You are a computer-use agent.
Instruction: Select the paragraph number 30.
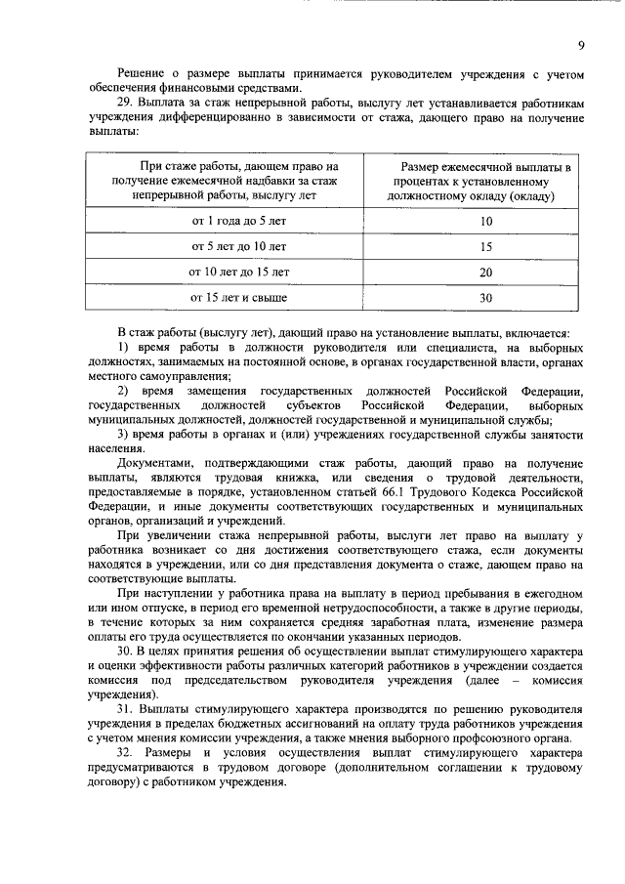pyautogui.click(x=124, y=652)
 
